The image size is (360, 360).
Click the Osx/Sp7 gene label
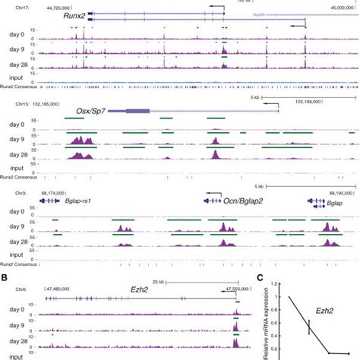point(90,111)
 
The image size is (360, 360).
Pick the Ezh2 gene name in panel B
point(138,289)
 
